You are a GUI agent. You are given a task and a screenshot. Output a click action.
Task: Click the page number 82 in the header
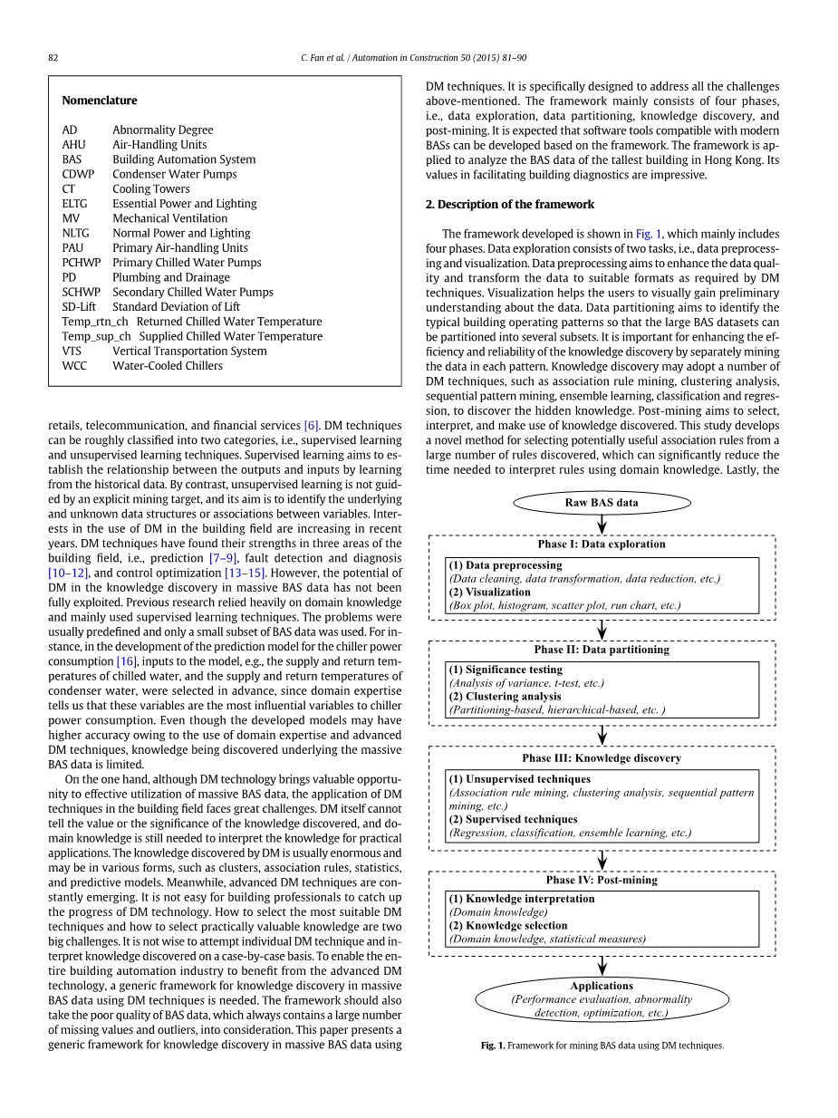click(53, 58)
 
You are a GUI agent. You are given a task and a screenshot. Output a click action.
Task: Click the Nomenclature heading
click(100, 101)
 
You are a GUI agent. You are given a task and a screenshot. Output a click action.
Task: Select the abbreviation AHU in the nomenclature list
click(73, 145)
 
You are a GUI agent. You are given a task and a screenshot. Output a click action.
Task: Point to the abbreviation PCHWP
click(82, 263)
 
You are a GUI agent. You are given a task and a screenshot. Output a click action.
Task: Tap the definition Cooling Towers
click(151, 189)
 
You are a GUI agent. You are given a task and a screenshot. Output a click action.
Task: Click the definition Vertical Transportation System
click(189, 352)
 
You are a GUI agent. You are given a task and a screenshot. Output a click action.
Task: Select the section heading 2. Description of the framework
click(510, 205)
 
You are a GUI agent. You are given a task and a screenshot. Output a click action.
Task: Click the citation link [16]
click(126, 661)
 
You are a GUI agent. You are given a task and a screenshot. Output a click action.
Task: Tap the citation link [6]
click(312, 426)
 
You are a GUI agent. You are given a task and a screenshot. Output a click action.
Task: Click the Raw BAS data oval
click(602, 503)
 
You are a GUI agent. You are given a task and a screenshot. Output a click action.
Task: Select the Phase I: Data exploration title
click(602, 545)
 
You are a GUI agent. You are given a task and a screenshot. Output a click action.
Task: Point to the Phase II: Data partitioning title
click(602, 650)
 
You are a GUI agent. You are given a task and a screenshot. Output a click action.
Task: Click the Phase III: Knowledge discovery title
click(602, 758)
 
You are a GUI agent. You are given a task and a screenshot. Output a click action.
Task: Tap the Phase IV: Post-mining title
click(602, 880)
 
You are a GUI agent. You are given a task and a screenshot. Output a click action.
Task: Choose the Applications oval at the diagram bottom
click(602, 999)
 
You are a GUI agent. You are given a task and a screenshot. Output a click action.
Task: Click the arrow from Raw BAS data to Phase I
click(602, 525)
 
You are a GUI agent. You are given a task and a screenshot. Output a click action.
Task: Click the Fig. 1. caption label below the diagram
click(492, 1046)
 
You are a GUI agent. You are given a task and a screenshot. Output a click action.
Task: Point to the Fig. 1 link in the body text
click(649, 234)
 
